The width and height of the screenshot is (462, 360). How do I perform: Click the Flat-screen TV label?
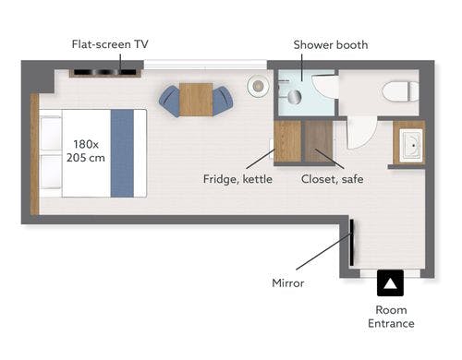pos(110,44)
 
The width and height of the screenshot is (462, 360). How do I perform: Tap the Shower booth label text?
pos(331,45)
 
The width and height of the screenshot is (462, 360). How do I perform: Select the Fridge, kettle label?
pos(237,179)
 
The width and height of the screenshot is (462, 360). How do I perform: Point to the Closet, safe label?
pos(332,179)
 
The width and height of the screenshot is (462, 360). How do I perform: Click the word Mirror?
pos(288,283)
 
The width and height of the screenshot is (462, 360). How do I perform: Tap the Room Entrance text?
pos(391,317)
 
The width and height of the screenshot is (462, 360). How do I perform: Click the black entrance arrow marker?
pos(390,283)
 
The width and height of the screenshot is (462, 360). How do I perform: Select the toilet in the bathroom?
pos(400,91)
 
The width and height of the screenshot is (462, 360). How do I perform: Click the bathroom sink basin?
pos(411,146)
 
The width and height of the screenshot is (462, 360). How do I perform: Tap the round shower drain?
pos(295,97)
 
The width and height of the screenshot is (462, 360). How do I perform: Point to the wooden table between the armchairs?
pos(196,100)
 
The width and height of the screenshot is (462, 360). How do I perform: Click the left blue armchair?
pos(170,101)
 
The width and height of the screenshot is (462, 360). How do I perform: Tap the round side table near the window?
pos(258,86)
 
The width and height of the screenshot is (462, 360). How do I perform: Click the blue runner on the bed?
pos(122,153)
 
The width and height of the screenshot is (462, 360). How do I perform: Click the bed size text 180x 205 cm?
pos(86,150)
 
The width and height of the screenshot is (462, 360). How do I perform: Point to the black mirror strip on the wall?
pos(351,242)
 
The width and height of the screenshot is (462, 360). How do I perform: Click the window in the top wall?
pos(205,65)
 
